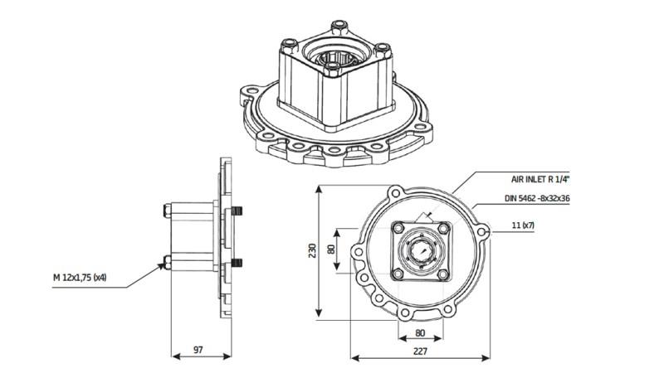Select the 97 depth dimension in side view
coord(198,351)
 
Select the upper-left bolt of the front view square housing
coord(398,225)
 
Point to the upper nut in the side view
coord(169,211)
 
